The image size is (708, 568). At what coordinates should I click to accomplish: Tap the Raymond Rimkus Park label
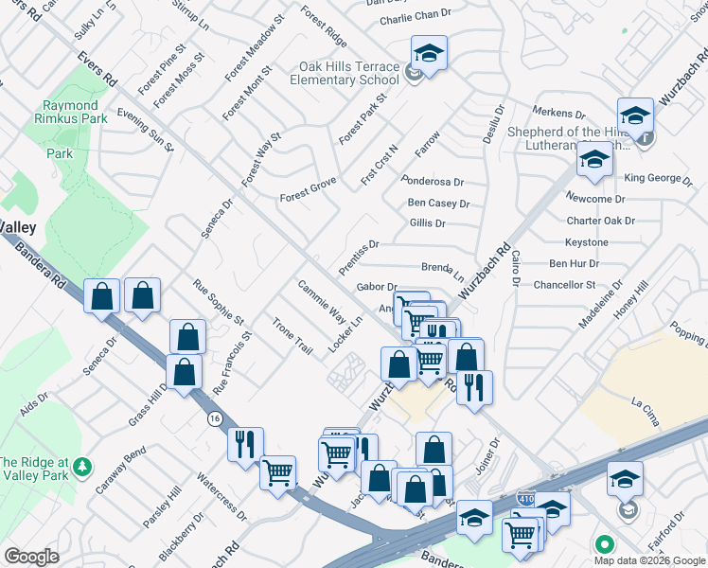69,112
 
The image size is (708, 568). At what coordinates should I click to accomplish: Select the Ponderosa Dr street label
433,181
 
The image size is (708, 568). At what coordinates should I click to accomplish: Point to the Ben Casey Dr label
438,203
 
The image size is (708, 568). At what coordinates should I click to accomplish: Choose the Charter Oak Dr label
600,221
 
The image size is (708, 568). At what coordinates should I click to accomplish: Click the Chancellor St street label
564,284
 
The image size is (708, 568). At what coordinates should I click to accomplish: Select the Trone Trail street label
292,335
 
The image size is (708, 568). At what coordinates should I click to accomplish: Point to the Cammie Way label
321,301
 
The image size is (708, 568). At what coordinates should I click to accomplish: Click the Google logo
31,557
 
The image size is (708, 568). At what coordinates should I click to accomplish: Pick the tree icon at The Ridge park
83,466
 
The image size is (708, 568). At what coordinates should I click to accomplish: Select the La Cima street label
645,403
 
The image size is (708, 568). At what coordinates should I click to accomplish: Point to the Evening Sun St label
146,129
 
